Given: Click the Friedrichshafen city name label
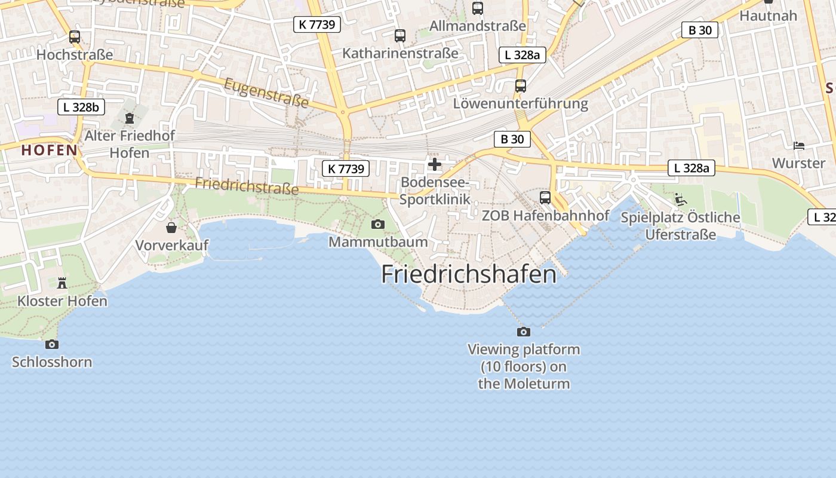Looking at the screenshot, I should point(469,274).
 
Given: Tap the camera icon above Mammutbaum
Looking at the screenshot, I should point(377,224).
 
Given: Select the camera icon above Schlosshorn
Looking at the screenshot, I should point(52,344).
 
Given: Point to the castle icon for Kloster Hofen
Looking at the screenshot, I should point(62,283).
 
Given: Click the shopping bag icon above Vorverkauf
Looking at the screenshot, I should point(171,228).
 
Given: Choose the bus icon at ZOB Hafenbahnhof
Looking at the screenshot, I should point(545,197).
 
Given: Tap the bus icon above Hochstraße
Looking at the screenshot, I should point(75,37).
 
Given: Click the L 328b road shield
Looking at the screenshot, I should point(81,108).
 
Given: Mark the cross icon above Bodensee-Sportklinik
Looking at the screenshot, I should point(435,164).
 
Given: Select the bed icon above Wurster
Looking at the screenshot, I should point(798,145).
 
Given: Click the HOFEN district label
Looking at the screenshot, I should point(50,151).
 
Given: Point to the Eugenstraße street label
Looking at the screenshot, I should point(266,94).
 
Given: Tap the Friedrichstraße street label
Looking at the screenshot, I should point(247,186).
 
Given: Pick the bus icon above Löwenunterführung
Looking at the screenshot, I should point(521,86).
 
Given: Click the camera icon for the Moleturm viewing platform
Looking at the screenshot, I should point(524,332).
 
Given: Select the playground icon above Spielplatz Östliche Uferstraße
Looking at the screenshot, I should point(680,199).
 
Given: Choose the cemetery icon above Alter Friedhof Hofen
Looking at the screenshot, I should point(130,118).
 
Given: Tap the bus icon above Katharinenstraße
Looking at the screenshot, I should point(400,36).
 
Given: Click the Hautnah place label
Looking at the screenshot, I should point(768,16).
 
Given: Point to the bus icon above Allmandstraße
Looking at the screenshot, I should point(478,8).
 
